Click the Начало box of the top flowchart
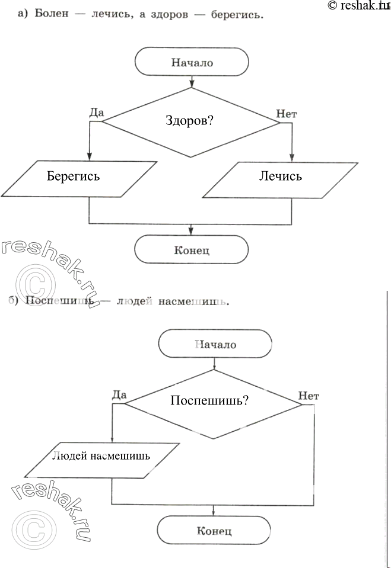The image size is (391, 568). point(192,62)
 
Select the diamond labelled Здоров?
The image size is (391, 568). point(190,122)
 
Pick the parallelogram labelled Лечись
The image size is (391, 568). point(279,177)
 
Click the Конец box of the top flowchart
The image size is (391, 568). point(192,249)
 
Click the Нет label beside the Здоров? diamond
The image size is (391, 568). point(286,113)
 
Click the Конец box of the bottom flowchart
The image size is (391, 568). point(214,531)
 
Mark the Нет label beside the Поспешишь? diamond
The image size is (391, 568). point(309,395)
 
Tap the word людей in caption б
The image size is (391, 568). point(134,303)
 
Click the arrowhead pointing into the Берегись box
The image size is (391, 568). point(89,156)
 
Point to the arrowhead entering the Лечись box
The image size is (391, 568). point(292,156)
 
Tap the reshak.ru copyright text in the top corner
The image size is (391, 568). point(357,5)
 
